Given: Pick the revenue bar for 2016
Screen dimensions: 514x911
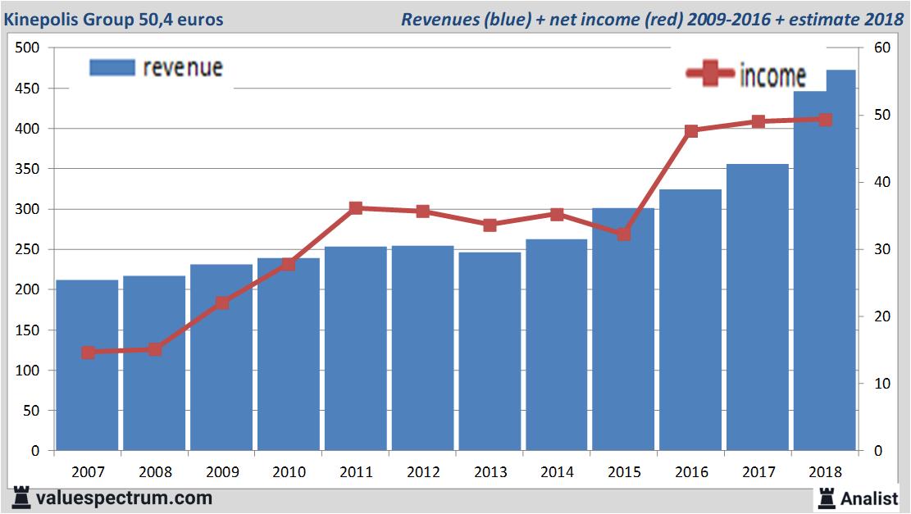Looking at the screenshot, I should point(690,320).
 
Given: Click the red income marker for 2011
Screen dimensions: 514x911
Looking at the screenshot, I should point(356,208).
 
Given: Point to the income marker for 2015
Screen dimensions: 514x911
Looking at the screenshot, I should point(624,234).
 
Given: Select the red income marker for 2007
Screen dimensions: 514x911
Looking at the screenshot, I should point(88,353).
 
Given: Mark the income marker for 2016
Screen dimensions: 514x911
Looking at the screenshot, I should point(691,130).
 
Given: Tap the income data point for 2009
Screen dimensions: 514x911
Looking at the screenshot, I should point(221,302).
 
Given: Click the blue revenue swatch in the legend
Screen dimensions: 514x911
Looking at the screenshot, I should point(112,67).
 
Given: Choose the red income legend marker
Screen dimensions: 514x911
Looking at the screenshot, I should point(709,75).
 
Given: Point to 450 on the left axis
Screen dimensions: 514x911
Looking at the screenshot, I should point(28,89).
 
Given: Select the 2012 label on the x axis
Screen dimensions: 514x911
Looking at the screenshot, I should point(422,472).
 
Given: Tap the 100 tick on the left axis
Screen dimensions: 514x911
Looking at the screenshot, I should point(28,371).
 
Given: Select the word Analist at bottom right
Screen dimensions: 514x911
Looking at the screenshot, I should point(871,497).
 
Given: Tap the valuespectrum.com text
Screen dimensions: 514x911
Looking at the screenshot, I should point(125,498).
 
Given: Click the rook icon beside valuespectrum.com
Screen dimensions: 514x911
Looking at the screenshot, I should point(22,498).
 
